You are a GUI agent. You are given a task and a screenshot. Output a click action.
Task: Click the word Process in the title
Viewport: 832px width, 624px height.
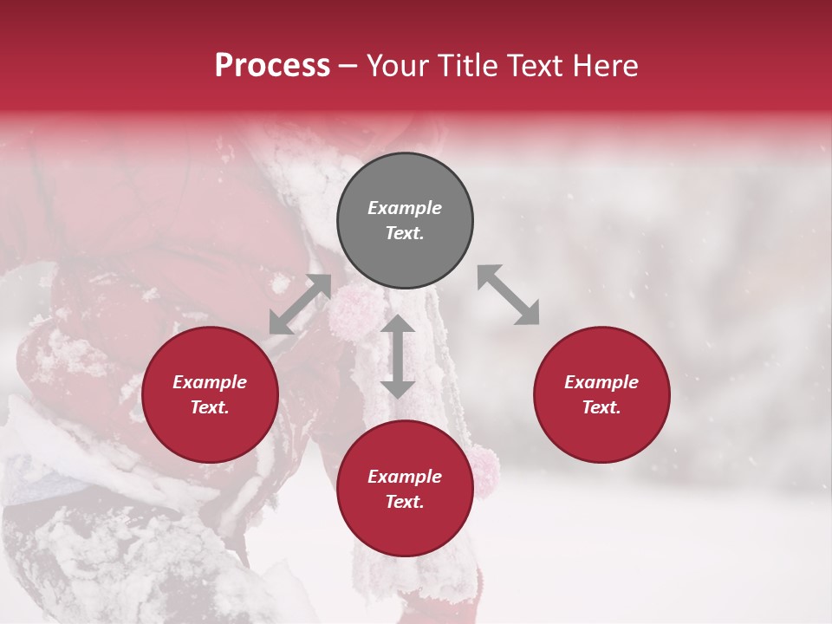(272, 66)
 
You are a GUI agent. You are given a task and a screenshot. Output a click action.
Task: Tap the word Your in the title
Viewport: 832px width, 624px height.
(398, 66)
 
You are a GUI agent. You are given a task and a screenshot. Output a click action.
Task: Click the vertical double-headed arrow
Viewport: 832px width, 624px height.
(398, 356)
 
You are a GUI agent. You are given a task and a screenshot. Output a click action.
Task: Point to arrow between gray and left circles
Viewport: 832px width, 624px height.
(300, 304)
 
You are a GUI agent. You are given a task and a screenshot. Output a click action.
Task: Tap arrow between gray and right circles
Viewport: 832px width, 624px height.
(509, 296)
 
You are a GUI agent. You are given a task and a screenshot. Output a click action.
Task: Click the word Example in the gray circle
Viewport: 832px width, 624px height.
(405, 208)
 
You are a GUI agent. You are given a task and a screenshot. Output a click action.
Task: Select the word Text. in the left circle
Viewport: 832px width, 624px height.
(210, 407)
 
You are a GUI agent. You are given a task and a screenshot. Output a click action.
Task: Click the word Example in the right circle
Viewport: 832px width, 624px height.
(601, 382)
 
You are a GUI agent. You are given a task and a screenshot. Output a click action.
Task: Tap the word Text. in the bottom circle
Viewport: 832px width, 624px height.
(405, 502)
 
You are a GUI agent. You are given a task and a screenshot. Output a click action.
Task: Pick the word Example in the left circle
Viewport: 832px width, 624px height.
(210, 382)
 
